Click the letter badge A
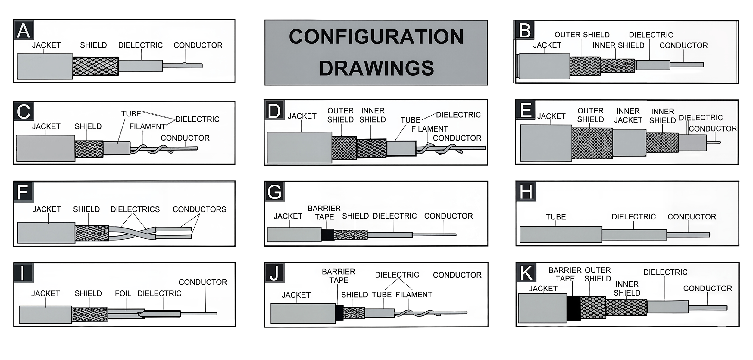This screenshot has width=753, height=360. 23,31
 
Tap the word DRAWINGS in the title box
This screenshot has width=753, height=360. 376,68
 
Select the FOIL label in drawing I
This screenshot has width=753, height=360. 123,293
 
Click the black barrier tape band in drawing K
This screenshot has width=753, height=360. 573,308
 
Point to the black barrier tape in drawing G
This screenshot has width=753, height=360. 327,235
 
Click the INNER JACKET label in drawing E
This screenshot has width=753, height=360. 628,116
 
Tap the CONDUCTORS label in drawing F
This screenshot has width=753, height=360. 199,209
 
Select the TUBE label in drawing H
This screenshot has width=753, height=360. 556,217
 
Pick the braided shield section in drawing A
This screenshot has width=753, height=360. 95,66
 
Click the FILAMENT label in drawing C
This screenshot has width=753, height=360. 147,127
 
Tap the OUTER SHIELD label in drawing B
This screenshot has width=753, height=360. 582,35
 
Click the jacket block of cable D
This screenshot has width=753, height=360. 299,147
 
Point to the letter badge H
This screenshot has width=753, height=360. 526,191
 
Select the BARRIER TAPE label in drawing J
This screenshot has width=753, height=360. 339,276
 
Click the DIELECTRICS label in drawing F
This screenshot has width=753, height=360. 135,209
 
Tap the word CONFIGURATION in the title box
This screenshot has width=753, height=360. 376,37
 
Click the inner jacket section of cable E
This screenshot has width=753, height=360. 629,143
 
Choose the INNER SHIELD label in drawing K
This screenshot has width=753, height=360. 627,289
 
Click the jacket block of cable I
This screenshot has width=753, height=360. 45,315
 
